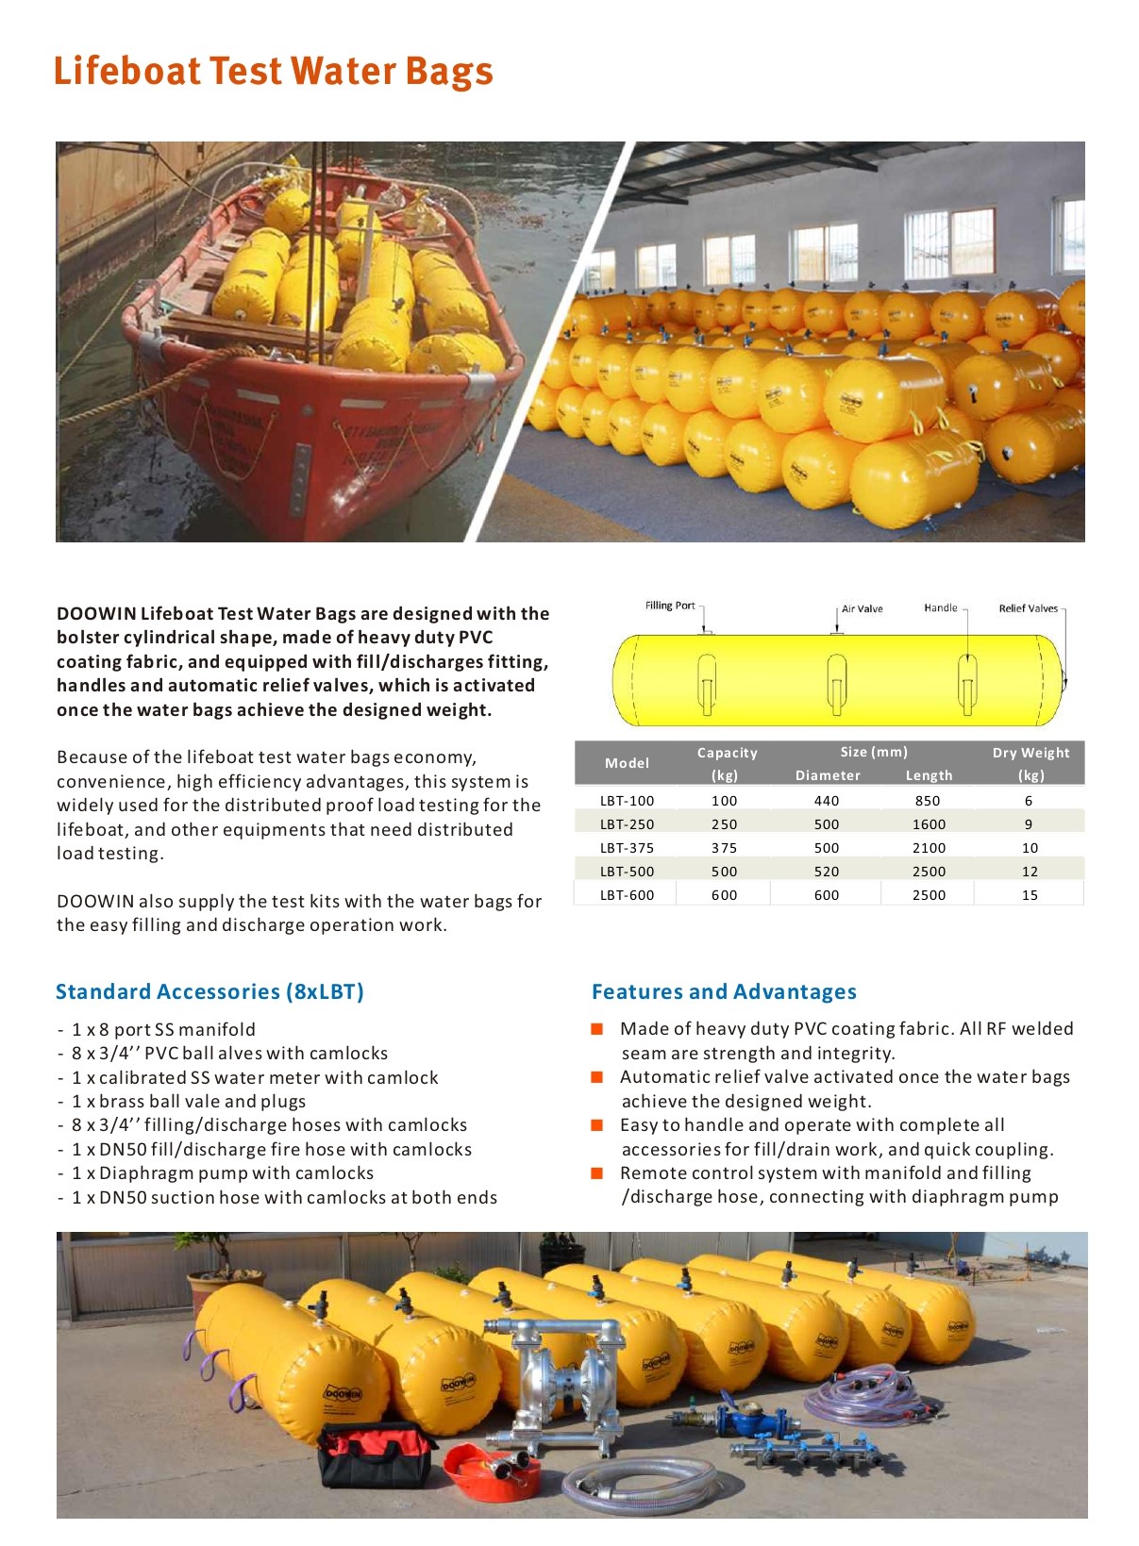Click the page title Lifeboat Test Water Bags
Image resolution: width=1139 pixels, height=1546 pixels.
tap(273, 72)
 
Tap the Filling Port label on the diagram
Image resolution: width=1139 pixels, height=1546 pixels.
tap(670, 606)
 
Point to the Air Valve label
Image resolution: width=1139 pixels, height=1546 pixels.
tap(862, 608)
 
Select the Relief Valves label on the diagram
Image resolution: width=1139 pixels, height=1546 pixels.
tap(1028, 608)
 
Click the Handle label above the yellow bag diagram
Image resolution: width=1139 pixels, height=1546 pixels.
tap(940, 607)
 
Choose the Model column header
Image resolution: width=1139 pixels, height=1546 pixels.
tap(627, 763)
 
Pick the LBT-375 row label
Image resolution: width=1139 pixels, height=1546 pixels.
tap(627, 848)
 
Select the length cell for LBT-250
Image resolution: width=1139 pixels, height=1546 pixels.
tap(929, 824)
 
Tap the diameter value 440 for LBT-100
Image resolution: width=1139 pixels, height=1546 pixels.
tap(827, 801)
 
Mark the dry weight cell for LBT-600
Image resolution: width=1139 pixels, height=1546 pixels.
tap(1030, 895)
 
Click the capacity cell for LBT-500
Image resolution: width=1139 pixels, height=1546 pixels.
tap(724, 872)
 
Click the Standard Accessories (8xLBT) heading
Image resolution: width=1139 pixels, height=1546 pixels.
tap(209, 991)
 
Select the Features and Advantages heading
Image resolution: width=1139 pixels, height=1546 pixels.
tap(724, 991)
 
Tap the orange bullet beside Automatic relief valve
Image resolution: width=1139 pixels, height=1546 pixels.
tap(596, 1077)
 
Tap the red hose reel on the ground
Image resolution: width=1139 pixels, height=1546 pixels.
tap(491, 1471)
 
